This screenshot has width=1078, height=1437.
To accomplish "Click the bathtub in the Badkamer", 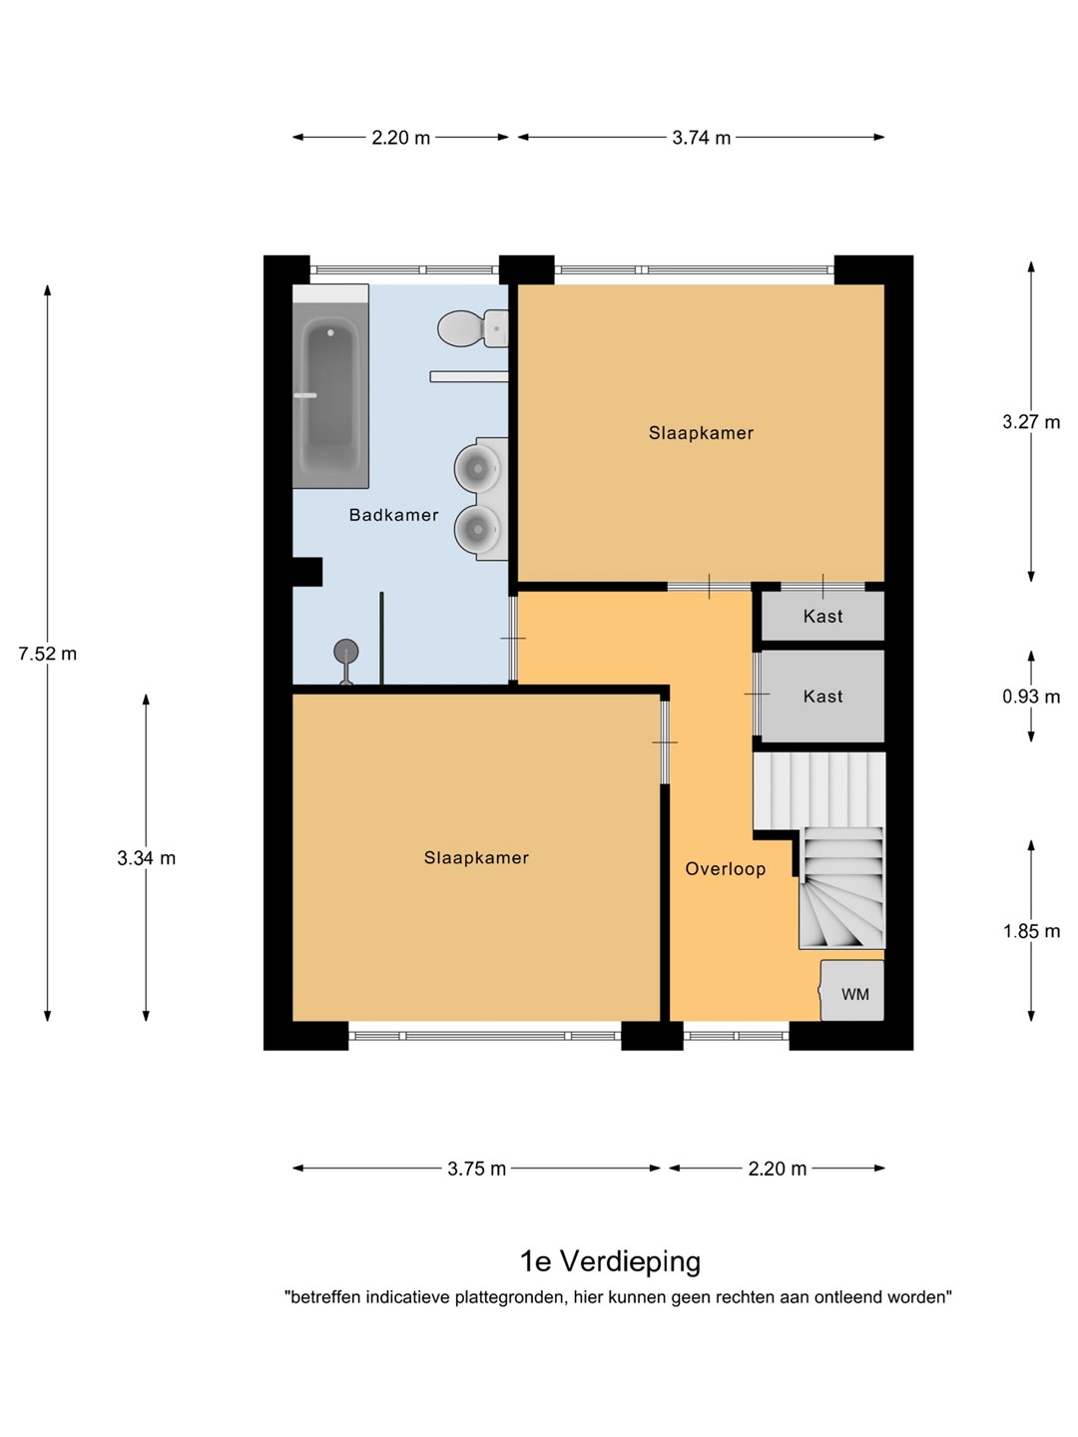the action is click(330, 386).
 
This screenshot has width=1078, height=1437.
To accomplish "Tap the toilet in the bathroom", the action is click(472, 328).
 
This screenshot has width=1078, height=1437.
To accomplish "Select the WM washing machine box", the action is click(852, 991).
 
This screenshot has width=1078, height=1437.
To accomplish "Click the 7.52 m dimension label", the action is click(48, 654).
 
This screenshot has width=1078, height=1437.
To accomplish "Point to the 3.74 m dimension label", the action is click(701, 138).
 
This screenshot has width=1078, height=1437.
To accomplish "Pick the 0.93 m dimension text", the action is click(1031, 697).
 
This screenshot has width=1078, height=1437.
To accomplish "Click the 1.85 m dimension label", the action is click(1031, 931).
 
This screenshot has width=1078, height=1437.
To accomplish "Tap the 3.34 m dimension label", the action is click(147, 858).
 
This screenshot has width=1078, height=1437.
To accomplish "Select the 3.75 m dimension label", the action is click(476, 1170).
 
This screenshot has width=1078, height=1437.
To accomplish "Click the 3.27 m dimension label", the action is click(1031, 422).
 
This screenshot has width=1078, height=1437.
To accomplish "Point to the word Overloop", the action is click(726, 869).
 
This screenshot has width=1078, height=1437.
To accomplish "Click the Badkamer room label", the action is click(394, 515).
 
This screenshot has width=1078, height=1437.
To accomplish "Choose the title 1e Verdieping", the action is click(610, 1261).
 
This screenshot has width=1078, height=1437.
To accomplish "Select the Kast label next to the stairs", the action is click(822, 697).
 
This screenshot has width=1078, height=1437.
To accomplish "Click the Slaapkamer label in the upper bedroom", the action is click(701, 433).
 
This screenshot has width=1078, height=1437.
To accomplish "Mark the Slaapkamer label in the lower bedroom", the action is click(476, 857).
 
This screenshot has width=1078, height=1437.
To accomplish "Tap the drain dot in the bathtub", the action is click(330, 332).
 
